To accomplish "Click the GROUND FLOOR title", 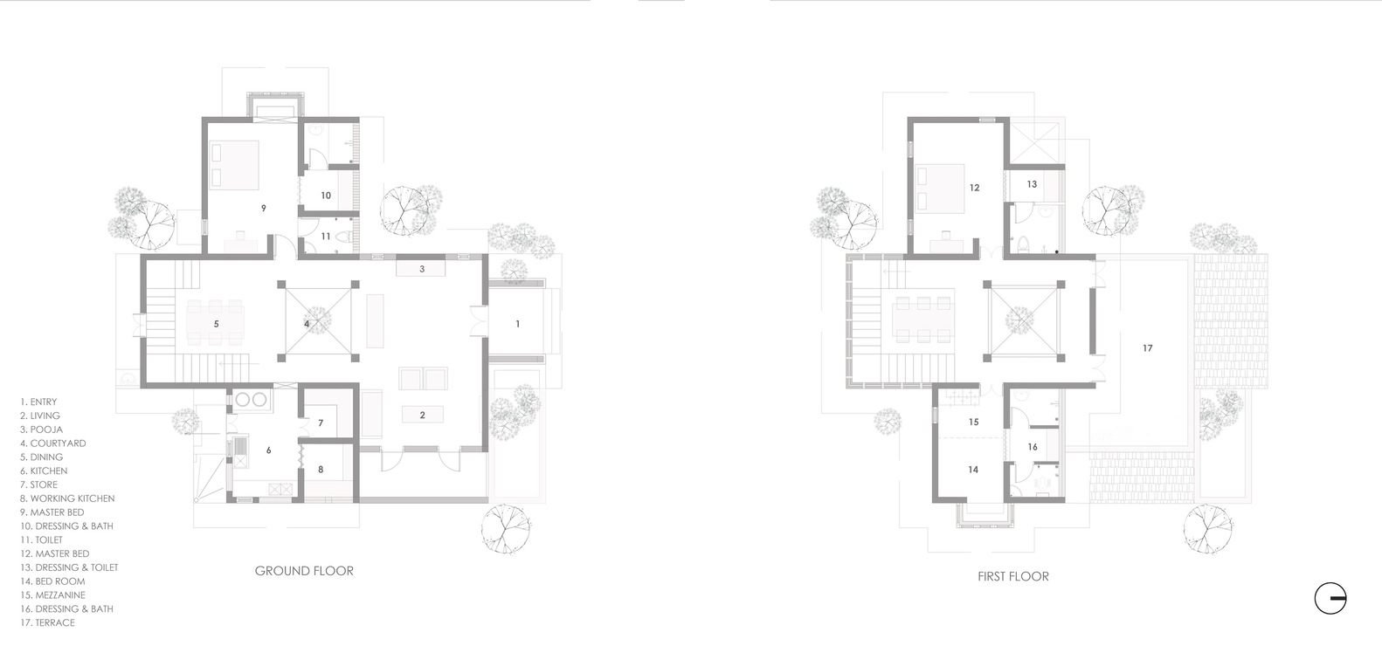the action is [304, 571].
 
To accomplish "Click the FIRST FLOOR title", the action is [1013, 576].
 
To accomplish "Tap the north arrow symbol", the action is [1330, 598].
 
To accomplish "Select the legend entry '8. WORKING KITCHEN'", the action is [67, 498].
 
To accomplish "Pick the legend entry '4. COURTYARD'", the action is [53, 443].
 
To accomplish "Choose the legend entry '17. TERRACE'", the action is [47, 622].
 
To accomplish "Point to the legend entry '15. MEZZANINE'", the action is [52, 594].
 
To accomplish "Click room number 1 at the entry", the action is [518, 324].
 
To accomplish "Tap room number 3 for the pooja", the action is [422, 269].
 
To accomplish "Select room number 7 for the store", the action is [321, 423].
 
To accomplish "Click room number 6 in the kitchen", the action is [268, 450].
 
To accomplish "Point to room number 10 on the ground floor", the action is [326, 196].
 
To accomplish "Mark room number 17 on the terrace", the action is [1148, 348].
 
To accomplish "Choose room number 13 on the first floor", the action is [1033, 184].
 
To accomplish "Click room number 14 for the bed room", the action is [973, 470].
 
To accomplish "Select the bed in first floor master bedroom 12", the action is [940, 189].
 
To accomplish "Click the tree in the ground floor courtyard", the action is [317, 321].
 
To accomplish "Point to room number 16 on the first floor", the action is [1033, 447].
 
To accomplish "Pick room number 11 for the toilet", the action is [326, 236].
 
